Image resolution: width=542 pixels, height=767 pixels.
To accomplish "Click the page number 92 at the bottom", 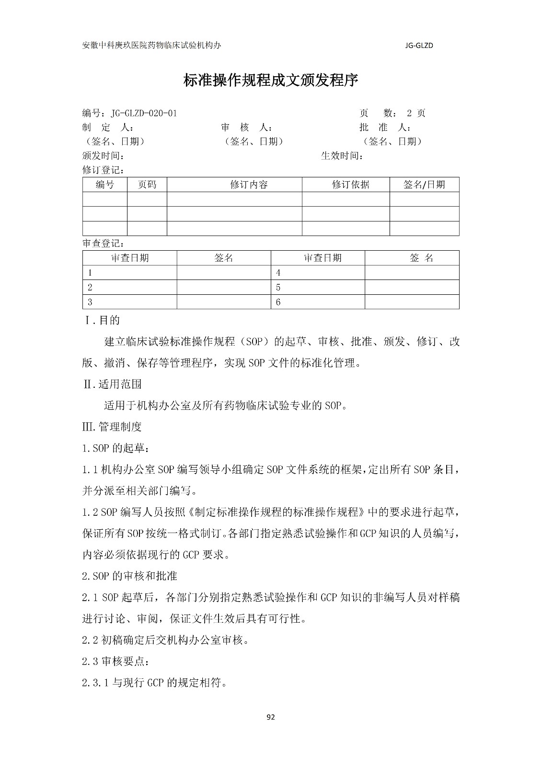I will [271, 717].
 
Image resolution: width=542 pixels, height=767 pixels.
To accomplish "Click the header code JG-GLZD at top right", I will [419, 46].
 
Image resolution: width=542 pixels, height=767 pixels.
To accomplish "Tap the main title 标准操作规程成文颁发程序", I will [271, 80].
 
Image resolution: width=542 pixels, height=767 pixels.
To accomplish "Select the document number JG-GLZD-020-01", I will [144, 113].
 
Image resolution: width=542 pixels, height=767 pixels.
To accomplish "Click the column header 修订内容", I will [249, 185].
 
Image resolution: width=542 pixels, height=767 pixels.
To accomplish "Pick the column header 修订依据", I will [350, 185].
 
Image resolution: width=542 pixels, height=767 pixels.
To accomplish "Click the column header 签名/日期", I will [424, 185].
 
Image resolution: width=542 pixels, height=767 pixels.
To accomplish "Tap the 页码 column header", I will [147, 185].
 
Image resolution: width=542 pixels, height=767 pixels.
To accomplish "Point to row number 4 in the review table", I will [278, 273].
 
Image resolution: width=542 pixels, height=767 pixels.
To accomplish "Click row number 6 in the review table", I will [278, 302].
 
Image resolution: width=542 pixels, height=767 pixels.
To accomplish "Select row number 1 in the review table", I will [90, 273].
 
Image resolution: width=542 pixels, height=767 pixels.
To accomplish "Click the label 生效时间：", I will [342, 156].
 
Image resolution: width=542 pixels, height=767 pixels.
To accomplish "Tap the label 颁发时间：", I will [104, 156].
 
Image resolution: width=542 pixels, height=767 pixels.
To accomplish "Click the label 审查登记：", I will [104, 244].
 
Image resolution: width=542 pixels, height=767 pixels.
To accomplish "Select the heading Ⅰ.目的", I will [102, 320].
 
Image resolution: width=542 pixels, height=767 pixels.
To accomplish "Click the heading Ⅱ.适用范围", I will [112, 384].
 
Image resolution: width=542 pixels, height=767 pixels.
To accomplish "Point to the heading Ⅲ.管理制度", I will [112, 426].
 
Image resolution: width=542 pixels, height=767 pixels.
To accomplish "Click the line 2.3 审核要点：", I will [115, 661].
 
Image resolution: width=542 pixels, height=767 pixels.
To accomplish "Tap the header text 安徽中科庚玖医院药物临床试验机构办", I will [152, 45].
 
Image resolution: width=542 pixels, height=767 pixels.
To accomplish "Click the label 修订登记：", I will [104, 170].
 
